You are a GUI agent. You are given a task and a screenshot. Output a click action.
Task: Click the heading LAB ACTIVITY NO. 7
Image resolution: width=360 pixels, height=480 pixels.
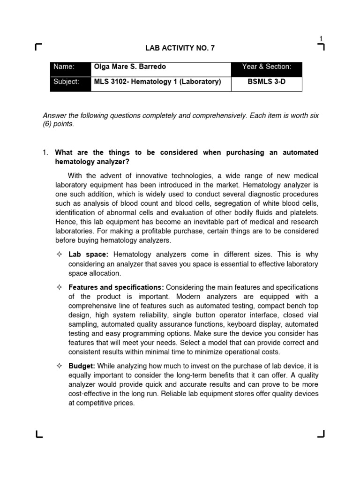click(x=180, y=48)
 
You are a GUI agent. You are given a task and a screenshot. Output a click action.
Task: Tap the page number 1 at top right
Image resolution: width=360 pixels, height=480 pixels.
click(x=321, y=38)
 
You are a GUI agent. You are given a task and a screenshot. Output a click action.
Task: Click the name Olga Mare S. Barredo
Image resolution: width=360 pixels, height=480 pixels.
click(x=129, y=67)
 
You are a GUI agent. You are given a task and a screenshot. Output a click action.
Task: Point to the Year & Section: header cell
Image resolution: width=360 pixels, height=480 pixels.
click(x=267, y=67)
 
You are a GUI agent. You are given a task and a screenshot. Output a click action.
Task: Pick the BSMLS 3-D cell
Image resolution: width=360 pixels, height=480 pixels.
click(x=267, y=82)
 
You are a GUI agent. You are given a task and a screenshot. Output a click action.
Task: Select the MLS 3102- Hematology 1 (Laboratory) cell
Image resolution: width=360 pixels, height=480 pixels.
click(x=157, y=82)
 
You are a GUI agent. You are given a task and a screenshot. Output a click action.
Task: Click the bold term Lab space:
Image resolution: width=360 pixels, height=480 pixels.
click(x=89, y=255)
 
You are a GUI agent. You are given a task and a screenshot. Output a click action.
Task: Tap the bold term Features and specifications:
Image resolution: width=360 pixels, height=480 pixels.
click(x=116, y=287)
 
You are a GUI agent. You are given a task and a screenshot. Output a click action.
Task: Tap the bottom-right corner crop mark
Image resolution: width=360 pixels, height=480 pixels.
click(x=321, y=434)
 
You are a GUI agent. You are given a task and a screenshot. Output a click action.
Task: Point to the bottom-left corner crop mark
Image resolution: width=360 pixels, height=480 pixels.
click(x=39, y=434)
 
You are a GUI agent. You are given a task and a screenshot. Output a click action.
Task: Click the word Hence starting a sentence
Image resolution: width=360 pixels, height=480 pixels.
click(x=53, y=222)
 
